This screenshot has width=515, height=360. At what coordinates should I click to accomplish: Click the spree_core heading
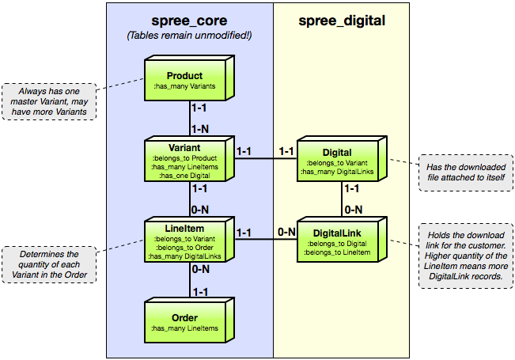tap(190, 21)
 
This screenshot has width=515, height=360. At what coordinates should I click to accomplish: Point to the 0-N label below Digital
tap(353, 209)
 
